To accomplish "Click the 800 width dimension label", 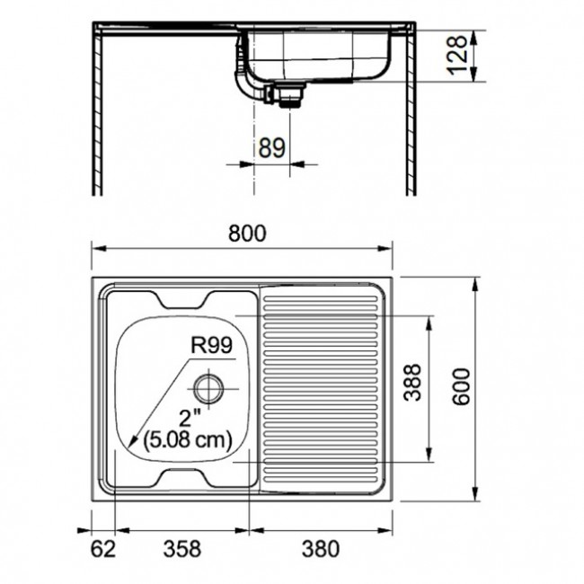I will tap(246, 234).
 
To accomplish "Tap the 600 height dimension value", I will tap(461, 386).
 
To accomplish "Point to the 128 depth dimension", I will tap(459, 56).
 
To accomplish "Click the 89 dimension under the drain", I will tap(271, 147).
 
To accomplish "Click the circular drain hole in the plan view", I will tap(207, 388).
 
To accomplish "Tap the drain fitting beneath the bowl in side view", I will tap(288, 93).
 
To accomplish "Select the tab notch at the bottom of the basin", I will tap(188, 477).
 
